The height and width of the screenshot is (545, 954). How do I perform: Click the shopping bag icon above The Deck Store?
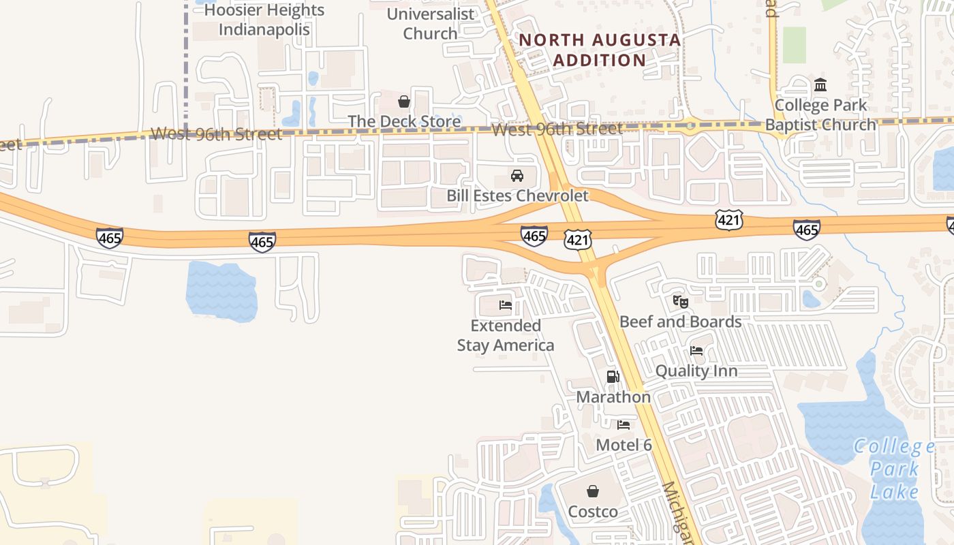404,102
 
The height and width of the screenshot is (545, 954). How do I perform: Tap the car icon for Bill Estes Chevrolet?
517,176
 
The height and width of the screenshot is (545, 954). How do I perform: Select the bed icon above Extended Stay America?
506,305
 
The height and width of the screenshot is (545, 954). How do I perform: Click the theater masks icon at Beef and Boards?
680,300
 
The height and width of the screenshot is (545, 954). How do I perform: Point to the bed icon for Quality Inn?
696,351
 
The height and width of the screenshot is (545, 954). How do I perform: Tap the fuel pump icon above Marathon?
613,376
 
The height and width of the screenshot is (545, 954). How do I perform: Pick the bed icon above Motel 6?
624,425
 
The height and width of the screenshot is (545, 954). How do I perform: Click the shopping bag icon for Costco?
593,491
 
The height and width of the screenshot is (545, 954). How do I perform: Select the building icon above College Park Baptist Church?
820,85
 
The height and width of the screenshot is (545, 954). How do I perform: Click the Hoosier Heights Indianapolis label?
264,20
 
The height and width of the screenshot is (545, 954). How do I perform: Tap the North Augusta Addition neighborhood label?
600,50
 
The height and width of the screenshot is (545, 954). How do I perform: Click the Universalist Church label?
430,23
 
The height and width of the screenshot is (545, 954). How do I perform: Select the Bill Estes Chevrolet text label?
517,196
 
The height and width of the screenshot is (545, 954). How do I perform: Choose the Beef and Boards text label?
680,322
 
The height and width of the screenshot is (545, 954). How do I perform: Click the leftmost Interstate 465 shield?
110,238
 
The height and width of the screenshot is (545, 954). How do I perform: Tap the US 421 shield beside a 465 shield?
577,239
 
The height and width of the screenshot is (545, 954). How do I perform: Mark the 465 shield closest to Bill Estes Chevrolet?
534,236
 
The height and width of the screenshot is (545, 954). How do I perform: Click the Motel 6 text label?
624,445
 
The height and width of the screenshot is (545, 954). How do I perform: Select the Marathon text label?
613,396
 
